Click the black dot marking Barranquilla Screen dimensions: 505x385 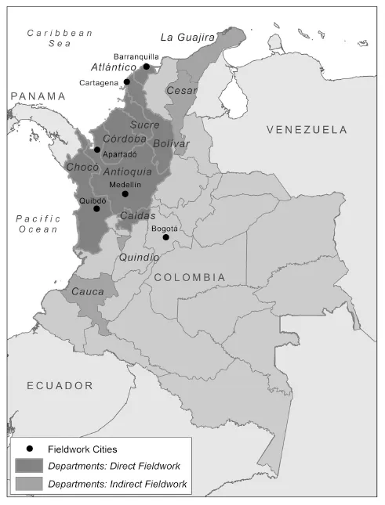[146, 67]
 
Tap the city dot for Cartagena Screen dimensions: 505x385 [127, 81]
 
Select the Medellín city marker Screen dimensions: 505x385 [125, 193]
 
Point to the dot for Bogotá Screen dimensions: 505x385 [165, 236]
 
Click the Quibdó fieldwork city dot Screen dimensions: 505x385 [96, 208]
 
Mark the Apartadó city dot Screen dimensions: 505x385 [97, 150]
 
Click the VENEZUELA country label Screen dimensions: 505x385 [306, 128]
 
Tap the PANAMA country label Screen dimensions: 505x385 [38, 96]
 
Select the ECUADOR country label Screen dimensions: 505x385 [60, 385]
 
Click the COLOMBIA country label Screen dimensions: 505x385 [189, 277]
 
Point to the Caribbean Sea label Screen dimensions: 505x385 [60, 38]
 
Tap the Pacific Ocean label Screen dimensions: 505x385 [37, 224]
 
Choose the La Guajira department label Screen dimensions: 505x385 [187, 37]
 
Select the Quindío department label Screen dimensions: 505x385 [138, 257]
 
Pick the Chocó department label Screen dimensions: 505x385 [82, 167]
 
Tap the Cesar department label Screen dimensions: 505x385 [181, 91]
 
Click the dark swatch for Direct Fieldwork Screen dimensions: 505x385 [28, 467]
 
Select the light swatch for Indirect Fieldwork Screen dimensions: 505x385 [28, 485]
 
